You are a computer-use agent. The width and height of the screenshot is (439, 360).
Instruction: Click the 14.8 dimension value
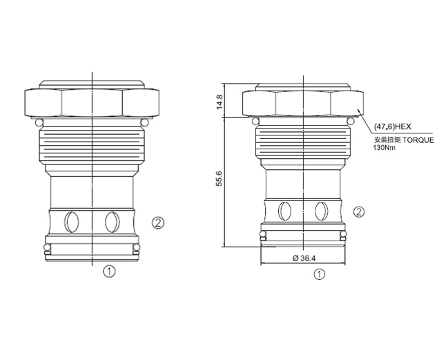(x=219, y=102)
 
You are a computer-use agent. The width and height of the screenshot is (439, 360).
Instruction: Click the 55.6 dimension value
(x=219, y=178)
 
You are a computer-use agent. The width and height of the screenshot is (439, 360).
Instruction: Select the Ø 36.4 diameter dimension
(x=304, y=258)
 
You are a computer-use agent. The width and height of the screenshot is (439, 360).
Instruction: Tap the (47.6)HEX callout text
(x=393, y=126)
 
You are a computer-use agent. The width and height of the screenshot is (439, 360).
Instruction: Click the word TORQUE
(x=418, y=140)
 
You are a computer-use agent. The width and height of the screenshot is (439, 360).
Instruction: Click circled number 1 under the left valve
(x=109, y=272)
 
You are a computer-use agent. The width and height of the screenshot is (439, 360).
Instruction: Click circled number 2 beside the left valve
(x=158, y=223)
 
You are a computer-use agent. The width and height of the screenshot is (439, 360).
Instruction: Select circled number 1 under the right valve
(x=320, y=274)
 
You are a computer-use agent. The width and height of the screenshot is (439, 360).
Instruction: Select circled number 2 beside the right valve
(x=359, y=212)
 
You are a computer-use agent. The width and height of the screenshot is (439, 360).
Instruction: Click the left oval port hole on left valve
(x=71, y=222)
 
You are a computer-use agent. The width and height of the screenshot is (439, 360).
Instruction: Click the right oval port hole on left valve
(x=113, y=222)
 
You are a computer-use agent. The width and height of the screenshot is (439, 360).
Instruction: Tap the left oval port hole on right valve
(x=284, y=211)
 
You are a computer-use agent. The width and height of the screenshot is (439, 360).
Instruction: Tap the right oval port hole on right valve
(x=322, y=211)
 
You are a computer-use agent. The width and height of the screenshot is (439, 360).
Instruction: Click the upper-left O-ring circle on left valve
(x=39, y=122)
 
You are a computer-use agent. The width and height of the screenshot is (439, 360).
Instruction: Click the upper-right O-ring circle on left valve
(x=145, y=122)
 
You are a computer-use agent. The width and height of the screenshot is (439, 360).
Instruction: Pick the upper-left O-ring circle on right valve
(x=255, y=121)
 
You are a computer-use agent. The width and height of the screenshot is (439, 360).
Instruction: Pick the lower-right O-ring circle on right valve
(x=342, y=234)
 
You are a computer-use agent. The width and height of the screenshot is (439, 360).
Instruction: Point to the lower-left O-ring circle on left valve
(x=48, y=247)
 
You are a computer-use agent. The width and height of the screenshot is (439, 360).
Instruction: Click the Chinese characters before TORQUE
(x=388, y=140)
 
